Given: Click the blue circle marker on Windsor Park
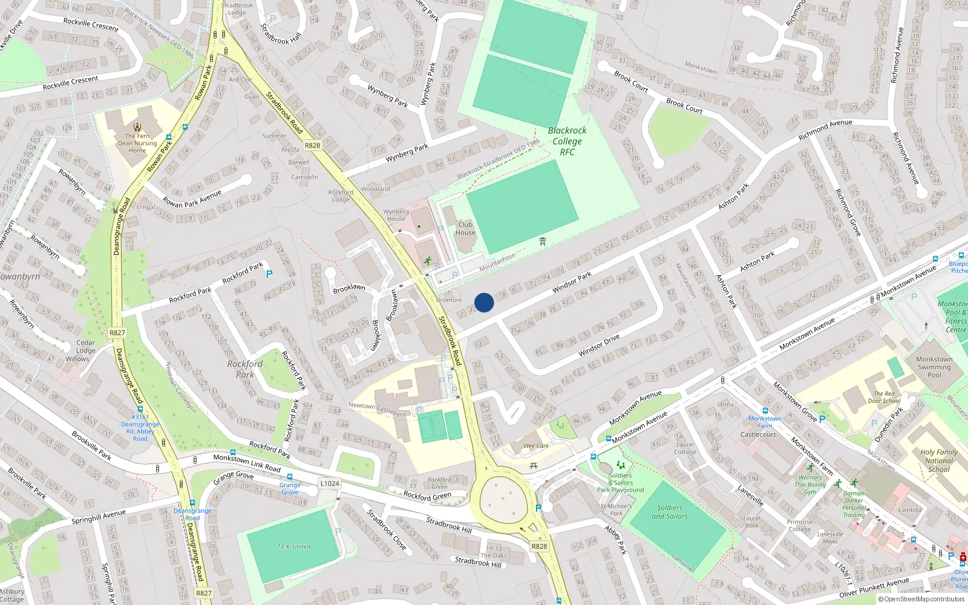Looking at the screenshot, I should click(x=484, y=302).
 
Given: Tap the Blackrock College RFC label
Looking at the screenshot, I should click(x=567, y=141).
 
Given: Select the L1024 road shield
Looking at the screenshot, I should click(x=330, y=483).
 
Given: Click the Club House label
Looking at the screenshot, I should click(x=465, y=228).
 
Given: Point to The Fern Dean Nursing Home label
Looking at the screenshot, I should click(x=137, y=143).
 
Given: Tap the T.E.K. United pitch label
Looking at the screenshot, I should click(x=293, y=547).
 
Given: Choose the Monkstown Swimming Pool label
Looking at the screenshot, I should click(x=934, y=367).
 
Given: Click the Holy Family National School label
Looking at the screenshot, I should click(x=938, y=460).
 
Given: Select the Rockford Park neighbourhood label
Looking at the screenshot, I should click(x=245, y=369).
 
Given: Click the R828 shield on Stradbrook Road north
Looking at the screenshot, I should click(x=312, y=146).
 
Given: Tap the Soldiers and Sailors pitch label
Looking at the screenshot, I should click(x=669, y=512).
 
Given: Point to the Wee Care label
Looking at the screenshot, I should click(x=536, y=446).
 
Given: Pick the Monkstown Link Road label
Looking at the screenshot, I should click(x=247, y=463).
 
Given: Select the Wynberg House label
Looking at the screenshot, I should click(x=396, y=215).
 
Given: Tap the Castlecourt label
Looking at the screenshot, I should click(x=758, y=434).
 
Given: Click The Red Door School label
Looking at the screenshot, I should click(x=884, y=397).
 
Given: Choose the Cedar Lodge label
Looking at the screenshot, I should click(x=85, y=346).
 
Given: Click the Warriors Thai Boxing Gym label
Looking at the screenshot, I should click(x=810, y=485).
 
